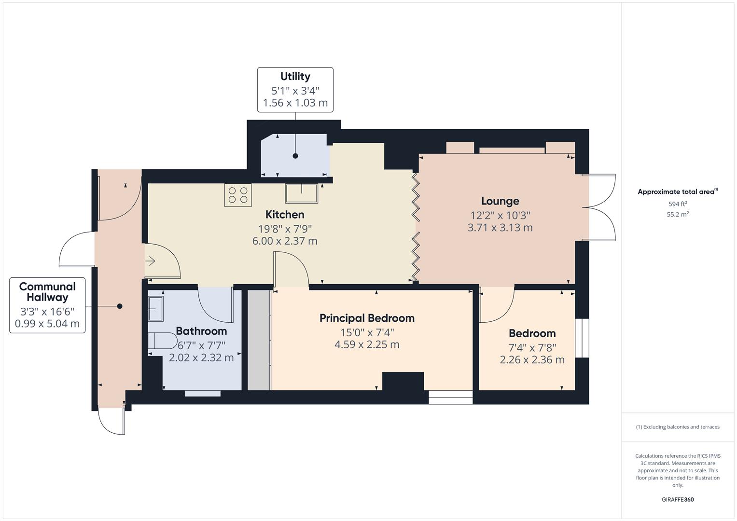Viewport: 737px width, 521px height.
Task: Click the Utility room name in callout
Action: click(295, 76)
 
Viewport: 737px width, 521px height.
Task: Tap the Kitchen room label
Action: click(285, 214)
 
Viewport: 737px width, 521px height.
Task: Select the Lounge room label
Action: click(500, 201)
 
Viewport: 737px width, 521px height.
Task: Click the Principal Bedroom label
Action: click(367, 318)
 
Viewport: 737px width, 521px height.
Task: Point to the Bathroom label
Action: click(201, 331)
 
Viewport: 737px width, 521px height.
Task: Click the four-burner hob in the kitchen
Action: click(238, 195)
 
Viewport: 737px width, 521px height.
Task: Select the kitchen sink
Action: click(302, 193)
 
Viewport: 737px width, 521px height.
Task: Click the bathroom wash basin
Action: click(156, 308)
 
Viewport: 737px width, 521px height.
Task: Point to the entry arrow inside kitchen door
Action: click(150, 261)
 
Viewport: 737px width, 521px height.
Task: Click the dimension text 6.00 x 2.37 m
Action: click(285, 241)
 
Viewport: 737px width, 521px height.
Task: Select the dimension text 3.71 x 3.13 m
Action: click(500, 227)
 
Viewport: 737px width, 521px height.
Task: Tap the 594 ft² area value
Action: click(678, 204)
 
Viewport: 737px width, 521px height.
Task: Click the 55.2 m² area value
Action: click(678, 214)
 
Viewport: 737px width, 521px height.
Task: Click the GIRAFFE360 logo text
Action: click(678, 499)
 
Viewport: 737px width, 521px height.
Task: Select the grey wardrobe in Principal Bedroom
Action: click(259, 340)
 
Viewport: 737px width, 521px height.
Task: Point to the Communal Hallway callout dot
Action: click(120, 306)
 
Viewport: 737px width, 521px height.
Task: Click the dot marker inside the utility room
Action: click(295, 156)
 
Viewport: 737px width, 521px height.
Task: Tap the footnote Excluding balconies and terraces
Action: click(678, 427)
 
